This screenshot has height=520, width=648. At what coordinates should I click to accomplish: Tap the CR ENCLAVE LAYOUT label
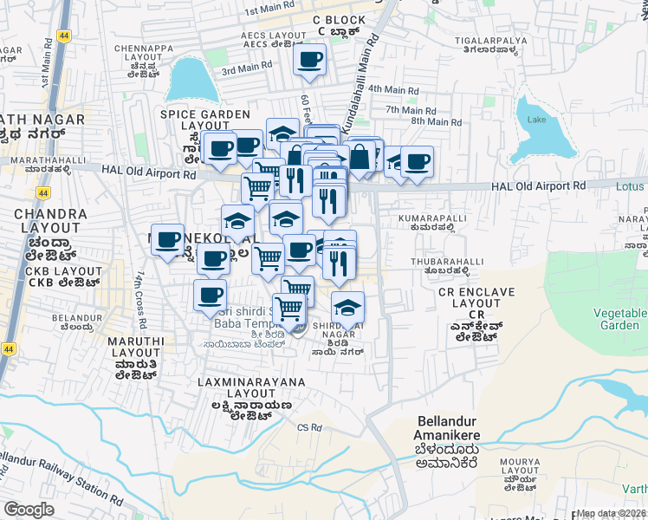click(x=471, y=303)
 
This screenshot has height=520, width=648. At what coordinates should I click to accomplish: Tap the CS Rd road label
click(x=309, y=427)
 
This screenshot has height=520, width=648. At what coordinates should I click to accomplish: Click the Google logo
click(x=29, y=510)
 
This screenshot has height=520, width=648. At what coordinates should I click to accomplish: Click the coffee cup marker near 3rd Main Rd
click(x=310, y=60)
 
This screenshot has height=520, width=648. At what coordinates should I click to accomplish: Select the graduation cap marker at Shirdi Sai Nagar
click(x=347, y=308)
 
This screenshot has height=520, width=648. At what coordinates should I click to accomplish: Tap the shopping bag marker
click(x=360, y=158)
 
